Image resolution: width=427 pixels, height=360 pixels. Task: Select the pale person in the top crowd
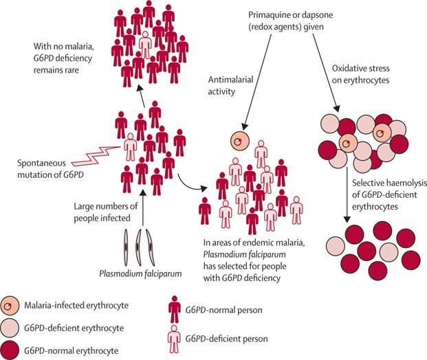pyautogui.click(x=144, y=44)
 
